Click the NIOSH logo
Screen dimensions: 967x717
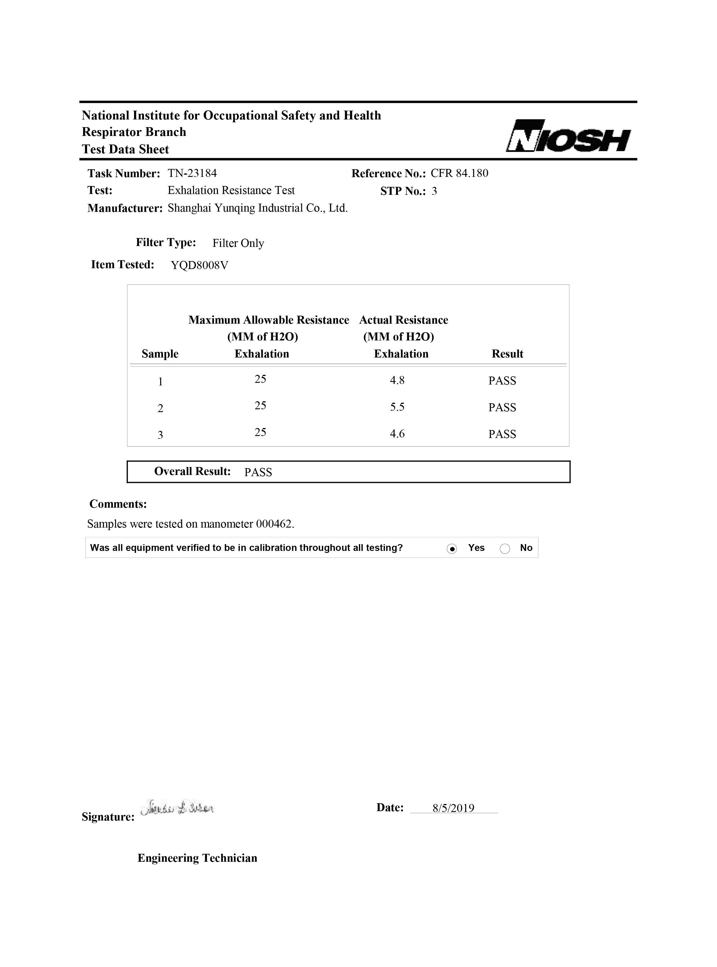pyautogui.click(x=568, y=136)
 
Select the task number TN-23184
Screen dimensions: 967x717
pyautogui.click(x=192, y=173)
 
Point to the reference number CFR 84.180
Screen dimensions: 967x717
pyautogui.click(x=459, y=173)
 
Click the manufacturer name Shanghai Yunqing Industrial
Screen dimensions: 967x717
pyautogui.click(x=257, y=208)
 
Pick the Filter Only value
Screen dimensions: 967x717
pyautogui.click(x=238, y=243)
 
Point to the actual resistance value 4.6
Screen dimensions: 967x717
pyautogui.click(x=397, y=434)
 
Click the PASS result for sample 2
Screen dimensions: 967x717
pyautogui.click(x=502, y=407)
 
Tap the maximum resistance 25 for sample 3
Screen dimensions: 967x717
pyautogui.click(x=260, y=432)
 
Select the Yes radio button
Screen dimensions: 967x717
pyautogui.click(x=452, y=549)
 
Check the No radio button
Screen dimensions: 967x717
pyautogui.click(x=505, y=549)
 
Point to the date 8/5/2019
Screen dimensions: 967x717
pyautogui.click(x=453, y=808)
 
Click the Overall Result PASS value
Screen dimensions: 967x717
pyautogui.click(x=258, y=472)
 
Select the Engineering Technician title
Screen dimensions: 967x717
pyautogui.click(x=197, y=858)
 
